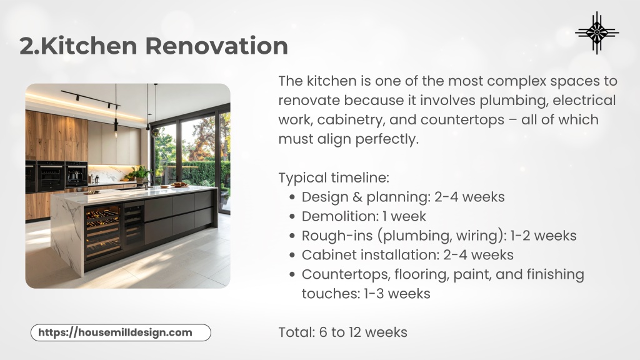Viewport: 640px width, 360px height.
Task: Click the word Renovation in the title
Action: pos(216,45)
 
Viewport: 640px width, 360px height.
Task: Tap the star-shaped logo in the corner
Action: pos(597,32)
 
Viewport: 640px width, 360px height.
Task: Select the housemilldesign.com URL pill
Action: pos(121,332)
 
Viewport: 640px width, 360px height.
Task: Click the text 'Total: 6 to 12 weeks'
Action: pos(343,332)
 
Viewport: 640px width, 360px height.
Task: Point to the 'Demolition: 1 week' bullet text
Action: pos(364,216)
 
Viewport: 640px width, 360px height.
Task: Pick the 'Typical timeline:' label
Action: pos(334,178)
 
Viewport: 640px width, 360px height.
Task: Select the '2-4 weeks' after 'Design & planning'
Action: pos(469,197)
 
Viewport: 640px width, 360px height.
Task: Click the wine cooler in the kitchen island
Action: pos(103,232)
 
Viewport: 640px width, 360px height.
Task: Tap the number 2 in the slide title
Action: pos(27,46)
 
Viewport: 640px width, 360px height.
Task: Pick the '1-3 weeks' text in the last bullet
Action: pos(397,294)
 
